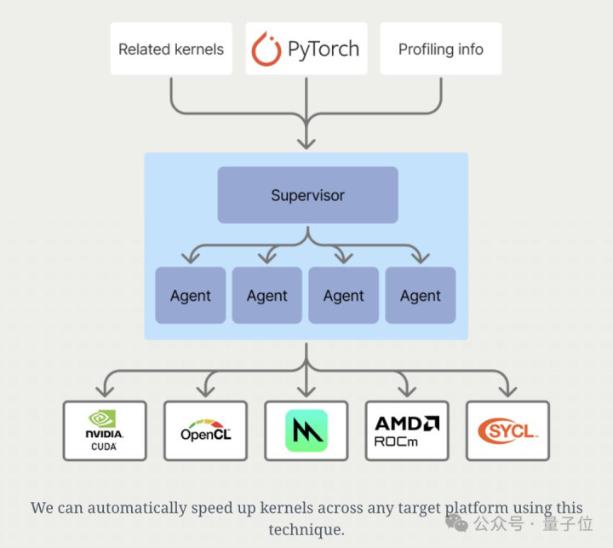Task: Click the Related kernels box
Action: [170, 49]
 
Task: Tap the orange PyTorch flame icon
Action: [266, 49]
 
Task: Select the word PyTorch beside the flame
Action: [323, 49]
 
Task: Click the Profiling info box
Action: [440, 49]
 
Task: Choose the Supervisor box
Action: [307, 195]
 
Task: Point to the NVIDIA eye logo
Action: [105, 419]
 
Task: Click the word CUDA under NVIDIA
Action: [105, 446]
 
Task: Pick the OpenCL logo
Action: [205, 431]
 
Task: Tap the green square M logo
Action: [306, 431]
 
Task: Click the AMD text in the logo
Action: [407, 423]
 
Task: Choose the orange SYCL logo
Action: [507, 431]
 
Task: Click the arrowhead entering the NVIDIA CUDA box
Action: [105, 392]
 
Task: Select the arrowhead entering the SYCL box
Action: [507, 392]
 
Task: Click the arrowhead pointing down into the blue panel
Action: [306, 141]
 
